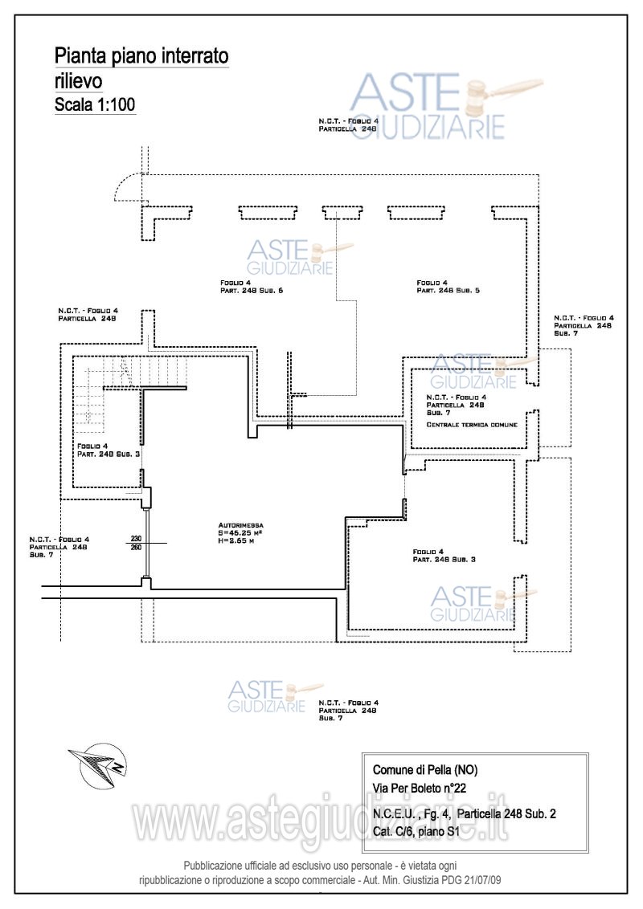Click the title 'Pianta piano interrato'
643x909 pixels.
141,56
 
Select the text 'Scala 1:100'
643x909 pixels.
94,104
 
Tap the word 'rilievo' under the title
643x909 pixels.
78,81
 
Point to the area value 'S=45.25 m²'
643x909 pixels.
240,532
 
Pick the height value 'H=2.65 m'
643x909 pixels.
235,541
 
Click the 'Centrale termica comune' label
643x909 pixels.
472,424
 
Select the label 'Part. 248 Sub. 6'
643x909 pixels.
252,291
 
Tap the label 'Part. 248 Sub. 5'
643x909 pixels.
448,291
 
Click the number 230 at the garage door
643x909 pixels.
136,539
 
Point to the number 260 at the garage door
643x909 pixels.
136,548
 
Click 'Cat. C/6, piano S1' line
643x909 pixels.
416,832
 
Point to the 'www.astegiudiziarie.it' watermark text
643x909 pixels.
321,819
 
